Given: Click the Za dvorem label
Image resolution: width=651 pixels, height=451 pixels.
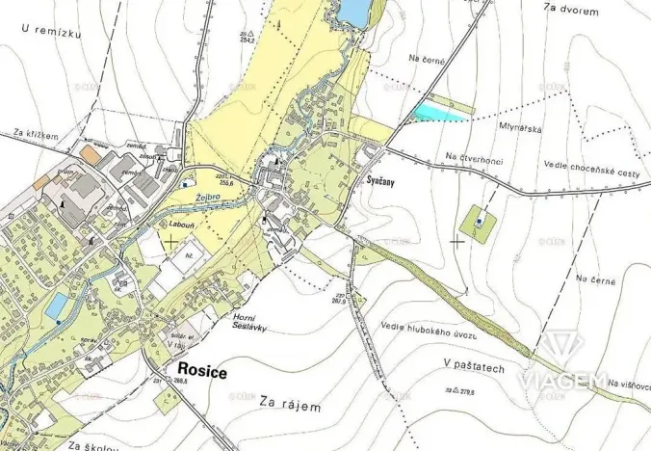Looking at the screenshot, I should tap(571, 11).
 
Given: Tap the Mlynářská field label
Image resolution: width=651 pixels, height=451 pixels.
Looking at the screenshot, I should tap(520, 124).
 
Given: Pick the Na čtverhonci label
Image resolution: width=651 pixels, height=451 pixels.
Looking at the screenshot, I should tap(475, 157).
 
